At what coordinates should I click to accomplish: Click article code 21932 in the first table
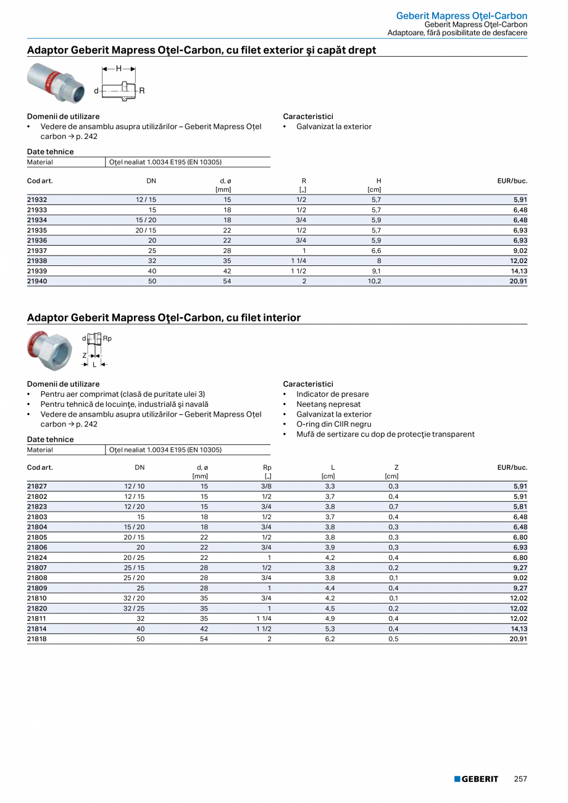(x=37, y=200)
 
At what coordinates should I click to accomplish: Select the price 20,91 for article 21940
(x=517, y=281)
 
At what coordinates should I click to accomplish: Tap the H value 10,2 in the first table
(x=374, y=281)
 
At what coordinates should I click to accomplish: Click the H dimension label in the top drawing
(x=119, y=69)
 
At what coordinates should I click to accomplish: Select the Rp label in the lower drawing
(x=107, y=338)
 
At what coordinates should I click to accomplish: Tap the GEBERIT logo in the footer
(x=476, y=779)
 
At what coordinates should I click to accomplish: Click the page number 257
(x=520, y=779)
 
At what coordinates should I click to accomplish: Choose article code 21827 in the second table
(x=37, y=486)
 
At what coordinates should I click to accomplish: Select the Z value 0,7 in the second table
(x=393, y=507)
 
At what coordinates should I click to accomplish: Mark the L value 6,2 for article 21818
(x=330, y=639)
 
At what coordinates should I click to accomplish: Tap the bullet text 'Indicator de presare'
(x=332, y=394)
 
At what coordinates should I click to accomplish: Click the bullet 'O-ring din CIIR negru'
(x=333, y=424)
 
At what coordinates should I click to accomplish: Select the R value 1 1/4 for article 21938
(x=298, y=260)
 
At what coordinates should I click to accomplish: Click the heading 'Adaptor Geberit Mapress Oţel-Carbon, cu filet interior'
(x=164, y=318)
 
